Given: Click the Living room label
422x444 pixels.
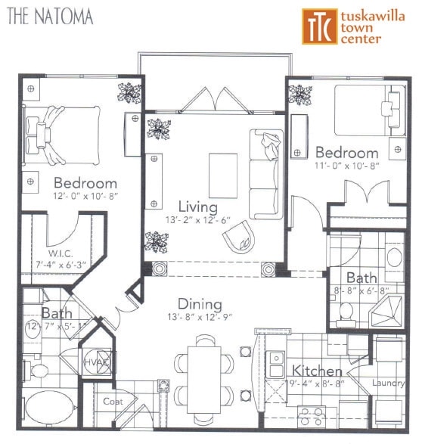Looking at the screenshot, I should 197,206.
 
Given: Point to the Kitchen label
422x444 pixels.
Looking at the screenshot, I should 318,371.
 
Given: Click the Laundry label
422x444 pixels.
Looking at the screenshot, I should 389,383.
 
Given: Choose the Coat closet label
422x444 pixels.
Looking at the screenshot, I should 113,402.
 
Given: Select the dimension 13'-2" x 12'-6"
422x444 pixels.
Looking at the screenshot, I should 197,220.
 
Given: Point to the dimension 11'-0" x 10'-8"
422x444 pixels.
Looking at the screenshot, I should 346,166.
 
